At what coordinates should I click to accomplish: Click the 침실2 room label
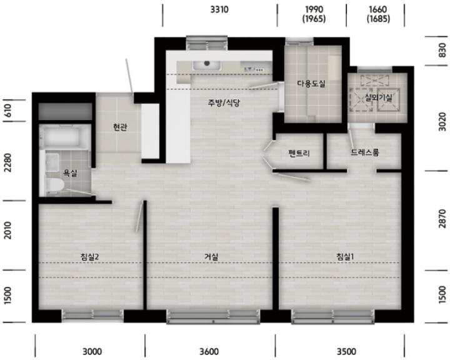(x=89, y=257)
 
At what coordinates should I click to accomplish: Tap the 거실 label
(x=211, y=257)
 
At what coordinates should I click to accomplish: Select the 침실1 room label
(x=345, y=257)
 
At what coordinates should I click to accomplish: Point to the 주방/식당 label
(x=224, y=102)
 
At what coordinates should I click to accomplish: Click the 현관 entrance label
(x=120, y=127)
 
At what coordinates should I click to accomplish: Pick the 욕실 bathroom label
(x=70, y=173)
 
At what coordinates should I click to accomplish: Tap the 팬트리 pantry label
(x=299, y=153)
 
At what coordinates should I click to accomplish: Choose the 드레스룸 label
(x=365, y=152)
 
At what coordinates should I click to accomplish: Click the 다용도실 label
(x=311, y=84)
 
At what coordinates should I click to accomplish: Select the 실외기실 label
(x=379, y=98)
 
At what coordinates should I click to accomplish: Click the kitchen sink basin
(x=207, y=66)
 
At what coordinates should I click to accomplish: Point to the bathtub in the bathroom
(x=65, y=136)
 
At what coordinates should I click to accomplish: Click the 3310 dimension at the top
(x=219, y=9)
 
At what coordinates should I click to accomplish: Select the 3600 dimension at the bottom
(x=209, y=351)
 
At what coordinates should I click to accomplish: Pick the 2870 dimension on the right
(x=442, y=219)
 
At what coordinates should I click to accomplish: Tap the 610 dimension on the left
(x=7, y=111)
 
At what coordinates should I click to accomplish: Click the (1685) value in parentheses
(x=378, y=19)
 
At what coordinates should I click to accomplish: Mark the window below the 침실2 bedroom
(x=92, y=314)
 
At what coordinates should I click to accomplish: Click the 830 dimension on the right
(x=442, y=50)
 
